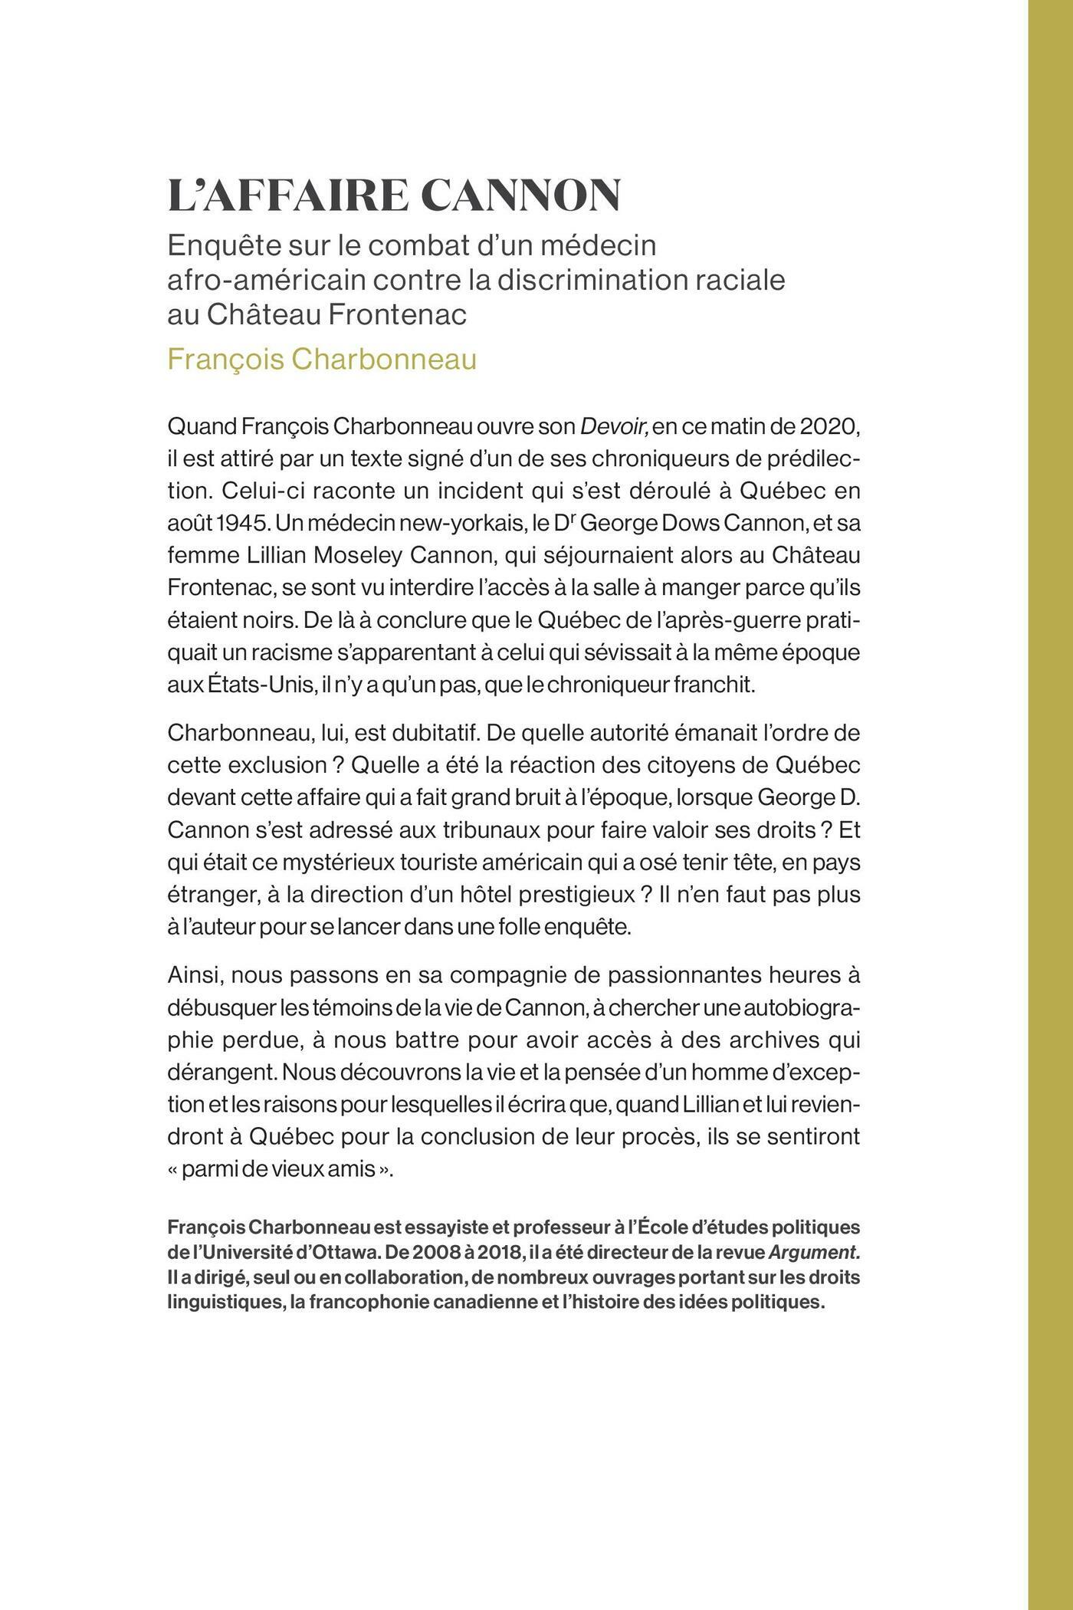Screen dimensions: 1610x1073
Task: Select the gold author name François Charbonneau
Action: click(322, 359)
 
